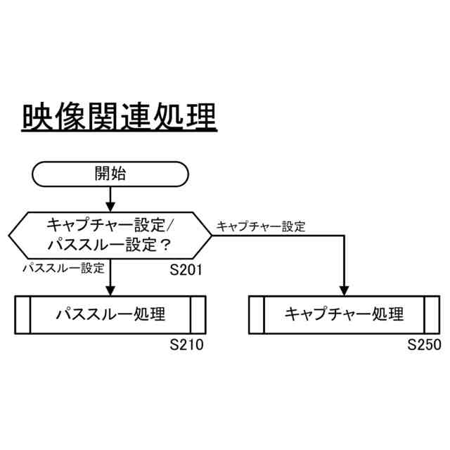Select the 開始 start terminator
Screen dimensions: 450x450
(110, 174)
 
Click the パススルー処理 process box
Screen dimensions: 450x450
(110, 314)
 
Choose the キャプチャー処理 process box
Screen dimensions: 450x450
(345, 314)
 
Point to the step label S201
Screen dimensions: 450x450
(186, 269)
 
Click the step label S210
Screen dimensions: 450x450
(186, 345)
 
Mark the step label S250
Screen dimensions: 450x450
(424, 345)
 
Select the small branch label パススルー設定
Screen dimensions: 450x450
(63, 268)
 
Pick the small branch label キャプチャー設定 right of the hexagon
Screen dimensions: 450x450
(261, 226)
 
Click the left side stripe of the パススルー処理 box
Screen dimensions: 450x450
(22, 314)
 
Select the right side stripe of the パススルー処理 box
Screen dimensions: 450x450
(198, 314)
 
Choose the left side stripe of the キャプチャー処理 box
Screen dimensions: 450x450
(257, 314)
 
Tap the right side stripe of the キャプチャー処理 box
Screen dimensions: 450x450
(432, 314)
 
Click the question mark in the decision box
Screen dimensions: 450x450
(167, 245)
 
